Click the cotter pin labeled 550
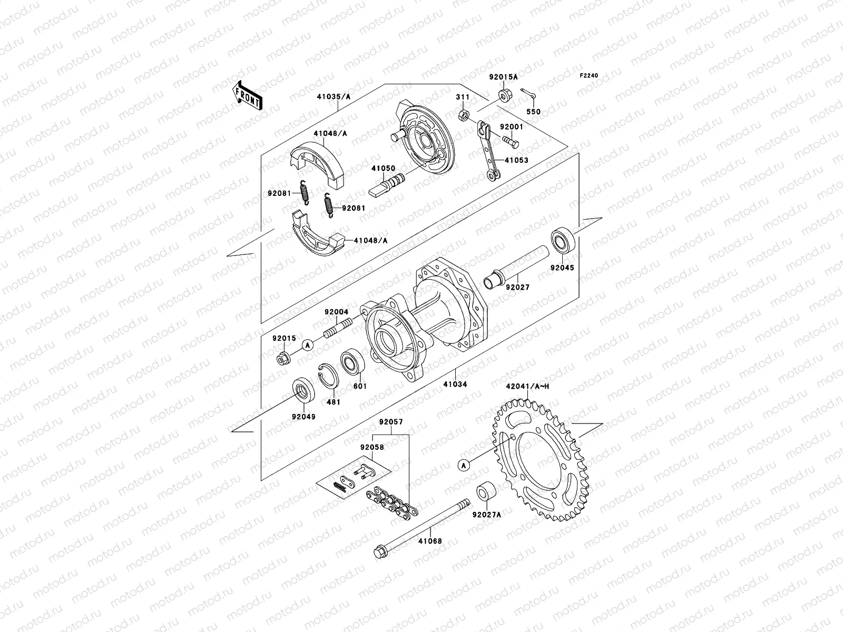[532, 93]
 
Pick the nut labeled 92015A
[503, 95]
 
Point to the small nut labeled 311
[463, 115]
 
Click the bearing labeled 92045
[563, 242]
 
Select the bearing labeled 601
[350, 362]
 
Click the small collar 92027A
[486, 492]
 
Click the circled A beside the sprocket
[464, 465]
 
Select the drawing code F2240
[589, 76]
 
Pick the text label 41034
[455, 384]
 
